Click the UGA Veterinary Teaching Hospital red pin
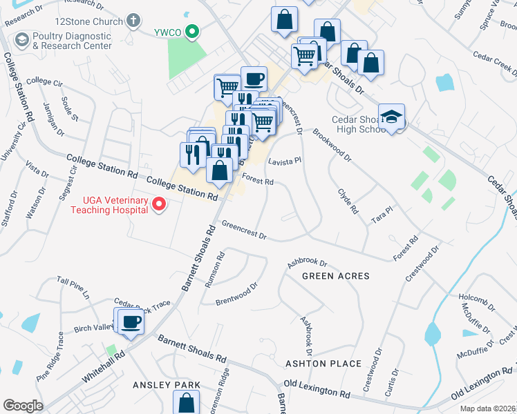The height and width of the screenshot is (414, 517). pyautogui.click(x=159, y=204)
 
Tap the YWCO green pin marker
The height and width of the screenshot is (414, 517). pyautogui.click(x=195, y=30)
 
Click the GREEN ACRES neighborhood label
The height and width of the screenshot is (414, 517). pyautogui.click(x=335, y=276)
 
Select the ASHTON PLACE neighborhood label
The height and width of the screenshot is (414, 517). pyautogui.click(x=323, y=364)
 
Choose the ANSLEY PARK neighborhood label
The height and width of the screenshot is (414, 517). pyautogui.click(x=167, y=385)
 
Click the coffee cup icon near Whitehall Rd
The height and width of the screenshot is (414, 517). pyautogui.click(x=131, y=322)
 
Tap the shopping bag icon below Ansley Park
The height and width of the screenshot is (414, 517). pyautogui.click(x=187, y=402)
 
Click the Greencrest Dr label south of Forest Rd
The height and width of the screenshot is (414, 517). pyautogui.click(x=244, y=230)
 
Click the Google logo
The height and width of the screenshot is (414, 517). pyautogui.click(x=23, y=406)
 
